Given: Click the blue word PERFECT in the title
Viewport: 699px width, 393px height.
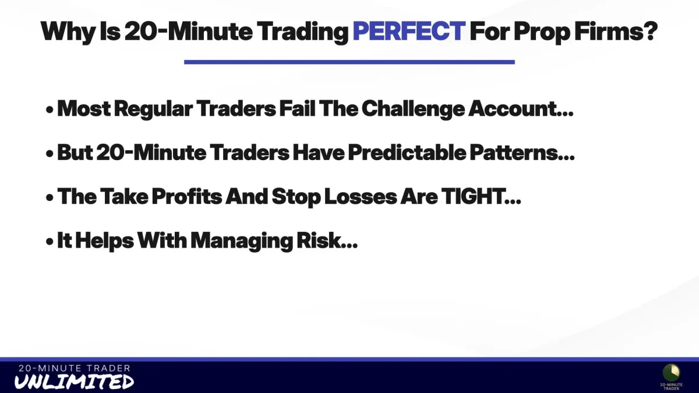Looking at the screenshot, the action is tap(409, 31).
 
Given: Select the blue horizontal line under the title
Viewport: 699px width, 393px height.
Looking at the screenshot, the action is tap(349, 62).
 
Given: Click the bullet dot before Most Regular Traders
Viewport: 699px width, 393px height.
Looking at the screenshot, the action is tap(50, 110).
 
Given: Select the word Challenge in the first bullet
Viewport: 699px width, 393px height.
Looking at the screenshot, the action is tap(413, 109).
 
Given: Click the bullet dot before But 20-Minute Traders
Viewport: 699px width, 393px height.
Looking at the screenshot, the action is tap(50, 154).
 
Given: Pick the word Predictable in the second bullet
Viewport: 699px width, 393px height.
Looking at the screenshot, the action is tap(407, 153).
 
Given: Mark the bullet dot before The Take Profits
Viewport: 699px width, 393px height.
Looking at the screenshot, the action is tap(50, 197).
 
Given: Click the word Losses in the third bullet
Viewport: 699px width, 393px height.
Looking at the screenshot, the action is tap(361, 197).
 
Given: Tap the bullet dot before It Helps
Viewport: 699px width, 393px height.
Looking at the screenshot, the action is tap(50, 241).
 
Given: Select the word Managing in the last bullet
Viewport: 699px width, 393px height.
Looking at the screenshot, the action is tap(242, 242).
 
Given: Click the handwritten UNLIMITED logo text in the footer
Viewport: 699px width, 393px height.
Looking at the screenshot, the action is tap(74, 382).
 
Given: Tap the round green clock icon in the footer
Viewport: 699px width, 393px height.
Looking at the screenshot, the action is tap(671, 373).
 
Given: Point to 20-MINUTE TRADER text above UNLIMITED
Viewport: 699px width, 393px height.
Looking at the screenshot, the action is tap(75, 369).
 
